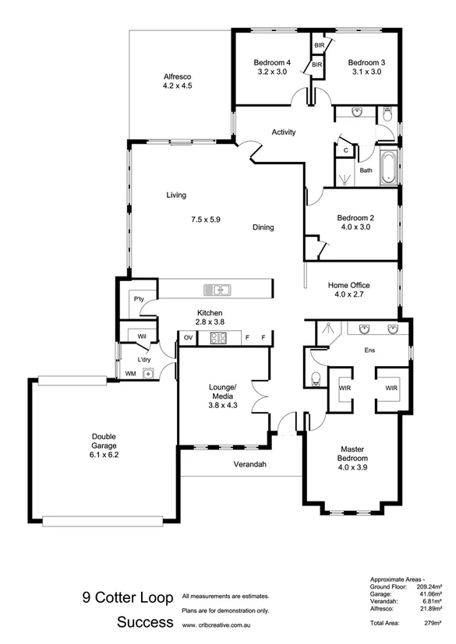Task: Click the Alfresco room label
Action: coord(177,76)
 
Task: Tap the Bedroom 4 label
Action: coord(272,62)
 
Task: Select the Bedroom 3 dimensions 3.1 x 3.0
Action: coord(365,72)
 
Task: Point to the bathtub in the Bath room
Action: coord(387,167)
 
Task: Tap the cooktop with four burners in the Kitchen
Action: coord(217,338)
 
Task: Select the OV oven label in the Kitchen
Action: coord(188,338)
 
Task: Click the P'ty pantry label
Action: coord(139,299)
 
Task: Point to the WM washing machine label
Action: coord(130,374)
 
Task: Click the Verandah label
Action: coord(250,465)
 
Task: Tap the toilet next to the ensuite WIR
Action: coord(315,379)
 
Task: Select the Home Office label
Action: coord(348,285)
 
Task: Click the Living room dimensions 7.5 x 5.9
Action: coord(205,220)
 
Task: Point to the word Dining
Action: coord(263,228)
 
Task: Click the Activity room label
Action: coord(283,132)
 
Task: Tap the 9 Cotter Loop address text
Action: coord(128,599)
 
